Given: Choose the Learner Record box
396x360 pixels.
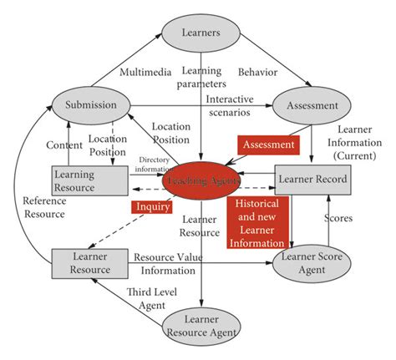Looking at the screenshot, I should tap(308, 179).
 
